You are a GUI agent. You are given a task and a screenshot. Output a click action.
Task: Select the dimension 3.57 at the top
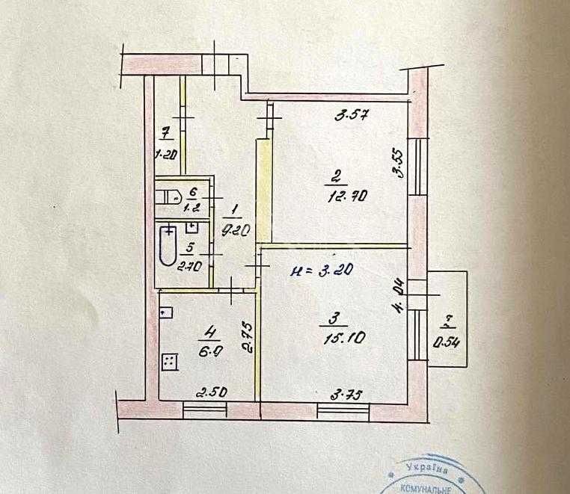[353, 116]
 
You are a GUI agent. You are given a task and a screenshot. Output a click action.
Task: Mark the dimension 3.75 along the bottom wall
[334, 395]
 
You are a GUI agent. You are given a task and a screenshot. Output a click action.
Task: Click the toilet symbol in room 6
[166, 197]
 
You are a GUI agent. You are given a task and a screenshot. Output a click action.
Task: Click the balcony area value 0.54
[447, 344]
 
